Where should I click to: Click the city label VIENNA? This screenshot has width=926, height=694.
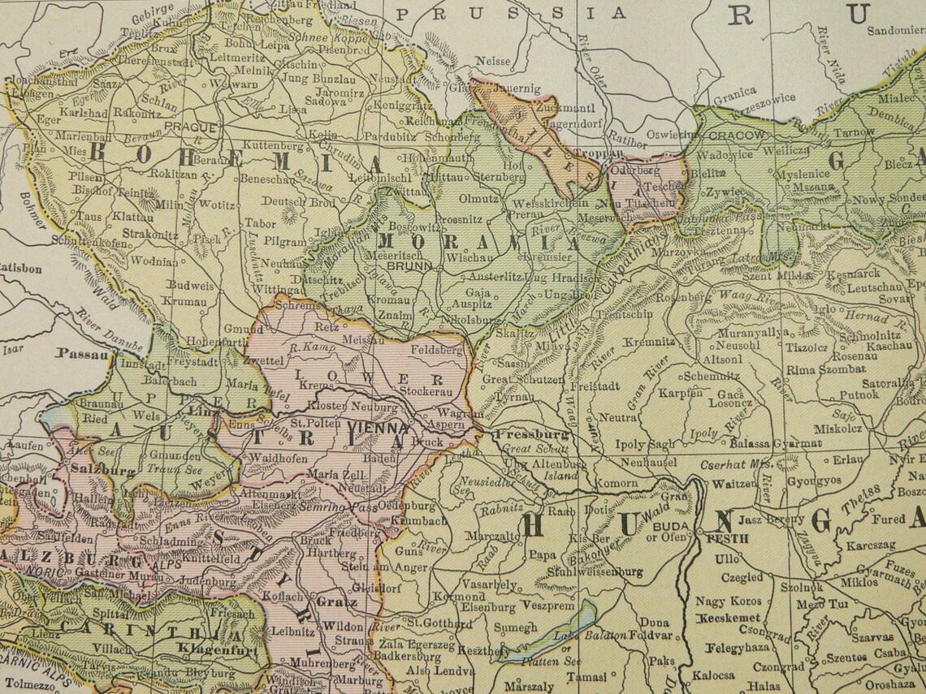coord(377,428)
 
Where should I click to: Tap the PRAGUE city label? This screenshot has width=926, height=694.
coord(189,127)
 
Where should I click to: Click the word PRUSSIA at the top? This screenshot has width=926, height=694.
coord(512,12)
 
